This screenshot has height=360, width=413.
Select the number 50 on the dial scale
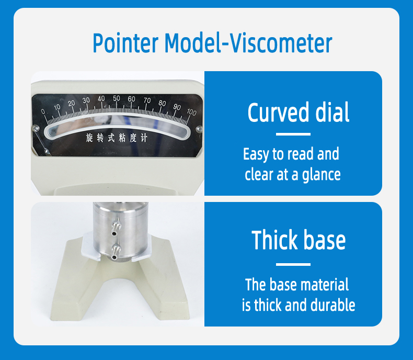click(117, 98)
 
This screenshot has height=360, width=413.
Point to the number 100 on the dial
click(191, 112)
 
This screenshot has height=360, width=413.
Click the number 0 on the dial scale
click(43, 111)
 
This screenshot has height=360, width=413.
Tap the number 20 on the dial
click(72, 103)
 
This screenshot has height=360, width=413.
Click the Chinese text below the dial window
click(117, 138)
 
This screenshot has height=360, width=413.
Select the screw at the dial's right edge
click(198, 129)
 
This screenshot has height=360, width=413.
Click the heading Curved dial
click(298, 113)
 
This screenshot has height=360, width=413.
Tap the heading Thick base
click(299, 240)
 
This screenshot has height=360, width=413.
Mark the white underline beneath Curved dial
click(293, 134)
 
